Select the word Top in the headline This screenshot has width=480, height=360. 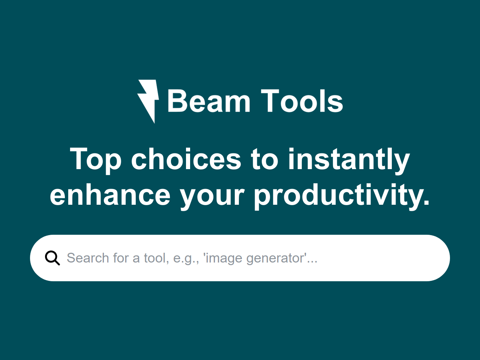pos(96,159)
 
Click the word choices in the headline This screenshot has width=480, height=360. pos(186,159)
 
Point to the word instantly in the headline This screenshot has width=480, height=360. pos(349,159)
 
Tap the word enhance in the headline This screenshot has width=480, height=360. pos(110,195)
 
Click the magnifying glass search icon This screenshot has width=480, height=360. pos(52,258)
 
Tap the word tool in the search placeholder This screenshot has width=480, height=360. pos(154,258)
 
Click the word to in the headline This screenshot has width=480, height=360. pos(264,159)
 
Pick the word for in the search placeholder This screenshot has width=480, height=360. pos(121,258)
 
